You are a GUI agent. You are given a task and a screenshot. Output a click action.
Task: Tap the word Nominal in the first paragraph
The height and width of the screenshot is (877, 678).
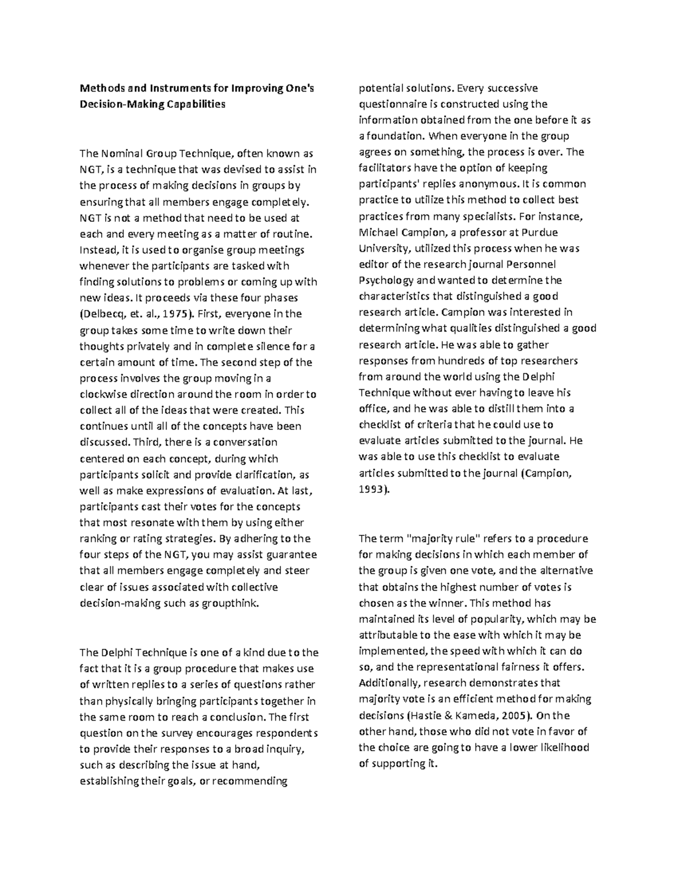122,153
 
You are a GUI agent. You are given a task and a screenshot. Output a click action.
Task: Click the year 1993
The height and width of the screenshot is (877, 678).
373,489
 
